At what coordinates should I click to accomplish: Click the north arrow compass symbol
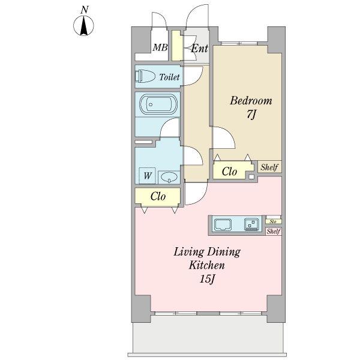(83, 25)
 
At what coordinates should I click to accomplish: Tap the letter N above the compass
(85, 10)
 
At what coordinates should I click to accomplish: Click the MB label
(160, 47)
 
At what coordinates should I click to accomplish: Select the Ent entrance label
(200, 48)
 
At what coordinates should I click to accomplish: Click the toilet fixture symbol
(145, 76)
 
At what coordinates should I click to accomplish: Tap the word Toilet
(169, 77)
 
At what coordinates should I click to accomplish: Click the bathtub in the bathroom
(158, 104)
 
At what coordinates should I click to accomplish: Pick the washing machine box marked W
(148, 176)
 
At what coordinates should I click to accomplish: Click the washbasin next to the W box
(169, 177)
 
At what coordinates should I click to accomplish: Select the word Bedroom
(251, 101)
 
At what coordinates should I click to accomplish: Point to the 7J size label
(251, 115)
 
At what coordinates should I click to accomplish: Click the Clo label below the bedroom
(229, 171)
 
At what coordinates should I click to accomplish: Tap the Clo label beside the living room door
(158, 196)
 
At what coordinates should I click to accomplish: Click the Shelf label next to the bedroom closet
(269, 167)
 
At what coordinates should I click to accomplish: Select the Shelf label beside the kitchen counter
(274, 231)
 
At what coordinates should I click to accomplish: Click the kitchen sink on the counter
(223, 224)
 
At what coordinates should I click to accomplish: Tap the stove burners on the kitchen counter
(251, 224)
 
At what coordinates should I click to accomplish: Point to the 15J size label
(208, 279)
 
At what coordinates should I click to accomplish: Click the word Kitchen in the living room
(207, 265)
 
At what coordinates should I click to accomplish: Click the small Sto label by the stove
(273, 221)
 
